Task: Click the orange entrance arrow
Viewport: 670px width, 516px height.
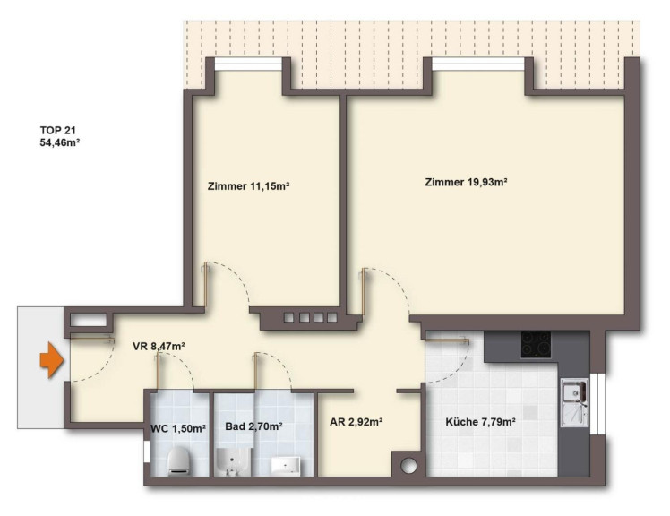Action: pyautogui.click(x=52, y=360)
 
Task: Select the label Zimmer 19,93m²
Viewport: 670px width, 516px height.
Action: pyautogui.click(x=466, y=182)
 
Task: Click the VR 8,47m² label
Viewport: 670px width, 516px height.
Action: pyautogui.click(x=159, y=347)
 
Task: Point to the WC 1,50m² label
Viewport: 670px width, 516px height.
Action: pyautogui.click(x=179, y=428)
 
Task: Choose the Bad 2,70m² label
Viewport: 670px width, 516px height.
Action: pyautogui.click(x=253, y=426)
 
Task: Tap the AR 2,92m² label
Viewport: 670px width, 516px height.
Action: pyautogui.click(x=356, y=422)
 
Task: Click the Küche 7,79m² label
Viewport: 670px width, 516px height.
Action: pyautogui.click(x=480, y=422)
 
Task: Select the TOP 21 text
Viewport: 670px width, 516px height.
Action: pyautogui.click(x=57, y=131)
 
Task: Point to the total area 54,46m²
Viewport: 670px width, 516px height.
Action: pyautogui.click(x=60, y=142)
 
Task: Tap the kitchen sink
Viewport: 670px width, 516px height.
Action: pyautogui.click(x=574, y=403)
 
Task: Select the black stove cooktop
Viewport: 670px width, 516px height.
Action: pyautogui.click(x=536, y=345)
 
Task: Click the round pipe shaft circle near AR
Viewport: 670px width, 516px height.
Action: pyautogui.click(x=408, y=466)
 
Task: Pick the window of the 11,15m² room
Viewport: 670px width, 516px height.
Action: pyautogui.click(x=248, y=64)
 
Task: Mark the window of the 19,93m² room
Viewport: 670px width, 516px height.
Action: pyautogui.click(x=477, y=64)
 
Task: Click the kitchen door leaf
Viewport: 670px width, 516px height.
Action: pyautogui.click(x=447, y=340)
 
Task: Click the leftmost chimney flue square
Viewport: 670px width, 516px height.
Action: pyautogui.click(x=289, y=318)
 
